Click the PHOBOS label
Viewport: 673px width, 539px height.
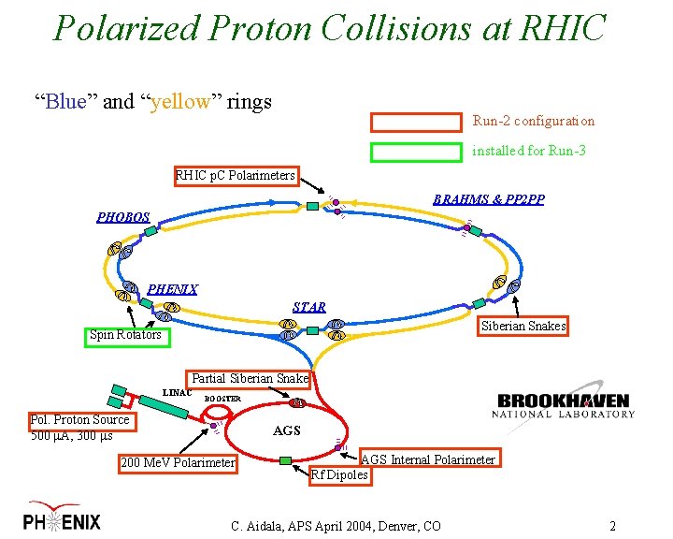tap(123, 217)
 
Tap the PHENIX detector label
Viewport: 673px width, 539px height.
tap(173, 289)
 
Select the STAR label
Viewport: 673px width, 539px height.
tap(309, 307)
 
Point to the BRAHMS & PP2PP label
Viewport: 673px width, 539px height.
tap(489, 200)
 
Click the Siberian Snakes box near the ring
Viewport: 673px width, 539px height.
tap(523, 326)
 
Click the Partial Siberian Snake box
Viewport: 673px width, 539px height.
tap(250, 379)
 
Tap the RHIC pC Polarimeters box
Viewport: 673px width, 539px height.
tap(236, 175)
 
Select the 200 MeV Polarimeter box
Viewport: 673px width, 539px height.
tap(178, 462)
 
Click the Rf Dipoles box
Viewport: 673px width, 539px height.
tap(339, 474)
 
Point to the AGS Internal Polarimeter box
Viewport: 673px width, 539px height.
tap(428, 459)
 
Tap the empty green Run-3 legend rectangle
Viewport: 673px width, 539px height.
tap(417, 152)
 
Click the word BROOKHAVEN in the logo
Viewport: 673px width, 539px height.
tap(564, 400)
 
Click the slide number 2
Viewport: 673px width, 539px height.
tap(612, 525)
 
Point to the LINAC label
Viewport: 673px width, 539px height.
tap(177, 392)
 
